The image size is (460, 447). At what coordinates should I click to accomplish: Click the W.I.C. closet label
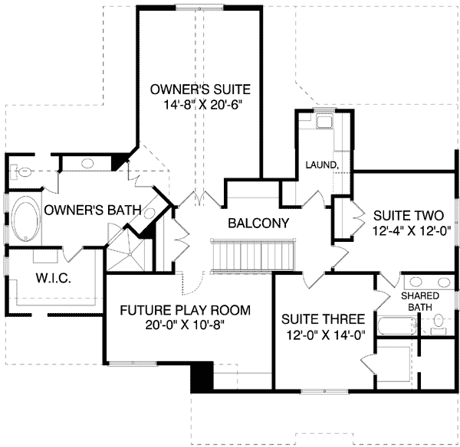(x=54, y=278)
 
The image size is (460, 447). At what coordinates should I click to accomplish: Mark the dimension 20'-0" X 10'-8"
(x=185, y=325)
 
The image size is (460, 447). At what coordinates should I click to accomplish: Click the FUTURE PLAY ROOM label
(x=186, y=310)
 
